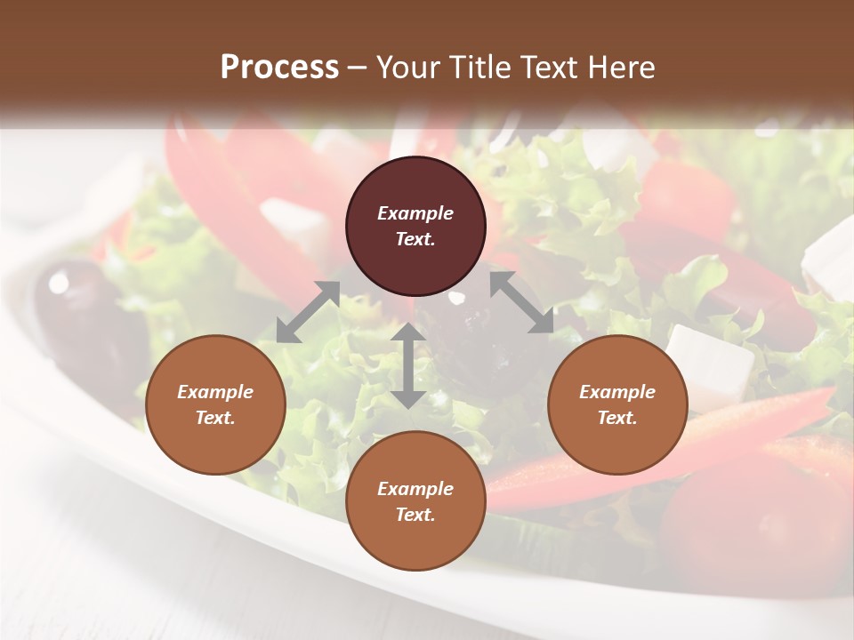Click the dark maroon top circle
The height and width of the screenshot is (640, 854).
point(415,227)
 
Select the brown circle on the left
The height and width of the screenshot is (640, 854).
point(215,404)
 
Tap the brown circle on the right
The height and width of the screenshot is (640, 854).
point(617,404)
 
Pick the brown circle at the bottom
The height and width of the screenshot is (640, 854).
point(415,501)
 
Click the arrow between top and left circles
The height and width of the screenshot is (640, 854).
point(308,312)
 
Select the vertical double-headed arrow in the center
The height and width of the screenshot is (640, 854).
point(408,365)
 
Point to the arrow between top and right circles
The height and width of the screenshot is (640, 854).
point(521,302)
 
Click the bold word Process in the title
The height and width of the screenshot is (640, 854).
point(279,67)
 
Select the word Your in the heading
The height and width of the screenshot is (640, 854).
point(406,67)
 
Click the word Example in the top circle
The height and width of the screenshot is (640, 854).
point(415,213)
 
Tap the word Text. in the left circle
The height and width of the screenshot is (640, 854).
point(215,418)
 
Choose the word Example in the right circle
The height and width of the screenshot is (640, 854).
point(617,392)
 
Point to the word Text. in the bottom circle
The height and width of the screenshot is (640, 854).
point(415,515)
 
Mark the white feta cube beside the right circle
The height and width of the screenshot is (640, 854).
point(709,360)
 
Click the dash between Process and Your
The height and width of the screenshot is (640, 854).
point(358,68)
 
